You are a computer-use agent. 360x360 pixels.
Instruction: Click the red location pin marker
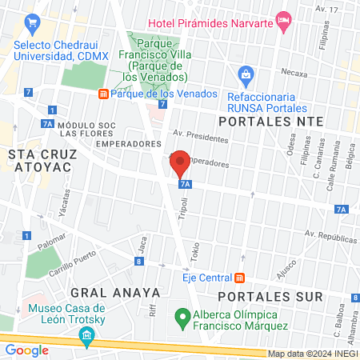pyautogui.click(x=181, y=164)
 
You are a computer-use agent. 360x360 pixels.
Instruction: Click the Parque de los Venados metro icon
pyautogui.click(x=103, y=94)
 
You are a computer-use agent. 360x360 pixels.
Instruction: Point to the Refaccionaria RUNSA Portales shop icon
pyautogui.click(x=246, y=77)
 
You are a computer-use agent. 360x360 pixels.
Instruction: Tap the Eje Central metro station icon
pyautogui.click(x=238, y=278)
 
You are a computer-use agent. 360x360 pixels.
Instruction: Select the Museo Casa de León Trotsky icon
pyautogui.click(x=86, y=342)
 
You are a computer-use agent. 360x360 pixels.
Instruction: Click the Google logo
pyautogui.click(x=26, y=350)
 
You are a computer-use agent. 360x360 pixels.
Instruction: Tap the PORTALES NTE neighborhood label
pyautogui.click(x=271, y=121)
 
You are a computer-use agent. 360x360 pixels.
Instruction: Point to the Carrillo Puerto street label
pyautogui.click(x=78, y=259)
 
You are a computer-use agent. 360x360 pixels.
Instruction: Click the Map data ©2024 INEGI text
pyautogui.click(x=313, y=354)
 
